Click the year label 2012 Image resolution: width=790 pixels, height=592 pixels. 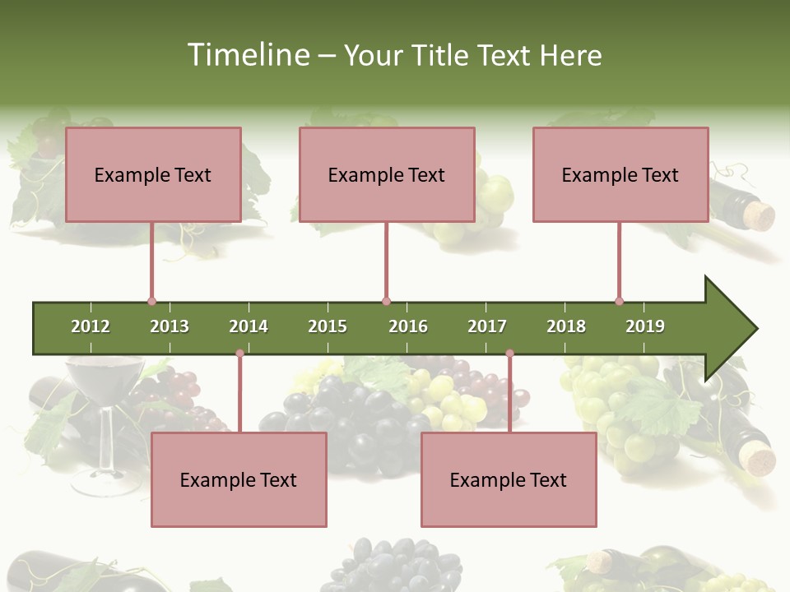click(x=91, y=326)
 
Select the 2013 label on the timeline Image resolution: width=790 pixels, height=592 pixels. click(x=170, y=326)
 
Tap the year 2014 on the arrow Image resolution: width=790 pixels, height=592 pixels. click(x=249, y=326)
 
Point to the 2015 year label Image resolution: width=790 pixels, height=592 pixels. click(x=328, y=326)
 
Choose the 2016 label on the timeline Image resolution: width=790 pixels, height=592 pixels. click(x=408, y=326)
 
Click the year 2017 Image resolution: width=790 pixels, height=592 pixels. click(x=487, y=326)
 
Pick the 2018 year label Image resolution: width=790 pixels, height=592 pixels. click(x=566, y=326)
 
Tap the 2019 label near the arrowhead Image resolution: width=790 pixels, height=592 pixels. click(x=645, y=326)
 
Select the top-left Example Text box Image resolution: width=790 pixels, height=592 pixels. click(x=153, y=175)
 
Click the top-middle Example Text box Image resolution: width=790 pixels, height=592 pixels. click(x=387, y=175)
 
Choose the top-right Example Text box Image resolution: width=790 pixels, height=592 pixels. click(x=620, y=175)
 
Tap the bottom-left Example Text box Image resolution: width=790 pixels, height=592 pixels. click(x=239, y=480)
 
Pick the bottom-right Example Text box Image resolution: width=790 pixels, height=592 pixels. click(x=509, y=480)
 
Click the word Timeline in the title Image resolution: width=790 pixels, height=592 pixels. click(x=247, y=55)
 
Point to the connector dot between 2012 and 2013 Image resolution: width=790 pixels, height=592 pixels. click(x=151, y=302)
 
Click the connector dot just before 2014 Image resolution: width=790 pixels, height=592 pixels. click(x=239, y=353)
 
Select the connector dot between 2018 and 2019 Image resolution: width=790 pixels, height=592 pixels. click(x=619, y=302)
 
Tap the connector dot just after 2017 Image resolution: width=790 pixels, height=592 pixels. click(x=509, y=353)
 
